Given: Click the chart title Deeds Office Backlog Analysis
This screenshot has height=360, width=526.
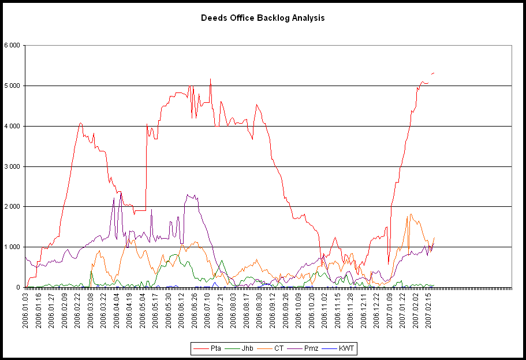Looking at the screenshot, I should [x=263, y=18].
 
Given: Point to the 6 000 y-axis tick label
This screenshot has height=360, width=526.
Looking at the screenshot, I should [x=12, y=45].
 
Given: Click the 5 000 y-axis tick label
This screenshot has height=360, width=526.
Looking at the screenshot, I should [x=12, y=86].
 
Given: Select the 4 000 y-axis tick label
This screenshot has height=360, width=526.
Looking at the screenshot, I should [x=12, y=126].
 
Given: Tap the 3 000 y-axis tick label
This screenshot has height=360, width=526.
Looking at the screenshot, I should [x=12, y=166].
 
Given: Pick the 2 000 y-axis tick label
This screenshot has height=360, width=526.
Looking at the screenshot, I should [x=12, y=207].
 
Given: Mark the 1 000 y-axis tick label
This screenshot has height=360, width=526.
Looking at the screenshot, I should [x=12, y=247].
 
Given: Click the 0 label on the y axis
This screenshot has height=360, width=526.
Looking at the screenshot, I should [x=18, y=287].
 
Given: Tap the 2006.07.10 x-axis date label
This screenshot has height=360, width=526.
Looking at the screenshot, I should [x=208, y=309].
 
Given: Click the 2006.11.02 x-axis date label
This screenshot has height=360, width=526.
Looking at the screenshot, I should [x=325, y=309].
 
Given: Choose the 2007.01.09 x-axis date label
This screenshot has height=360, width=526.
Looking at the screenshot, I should [x=390, y=309].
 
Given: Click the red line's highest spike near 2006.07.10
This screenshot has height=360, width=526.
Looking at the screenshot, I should [x=210, y=79].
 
